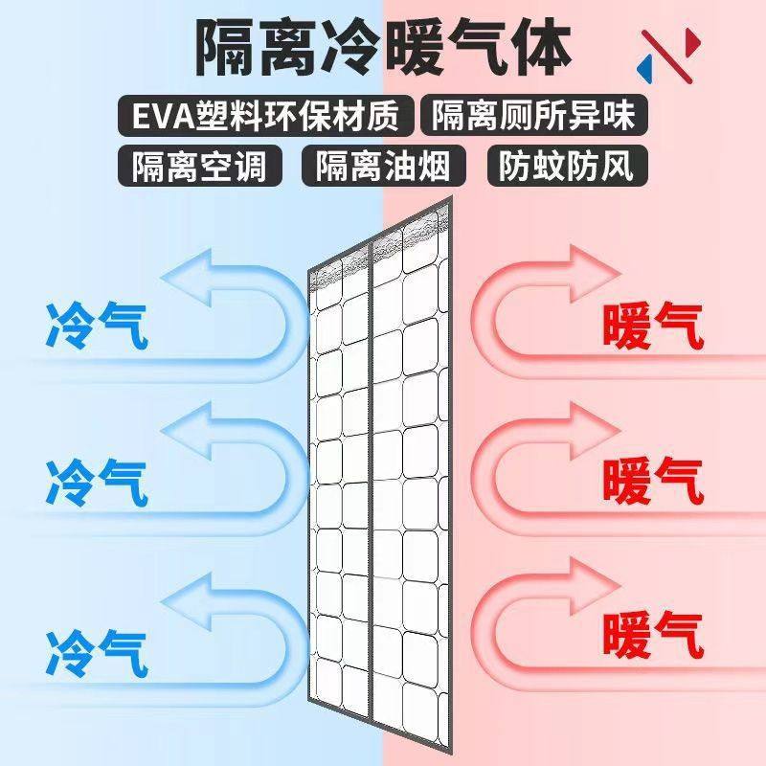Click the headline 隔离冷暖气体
(383, 46)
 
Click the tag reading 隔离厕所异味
(533, 116)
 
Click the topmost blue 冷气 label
(96, 326)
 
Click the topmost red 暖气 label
(654, 326)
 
